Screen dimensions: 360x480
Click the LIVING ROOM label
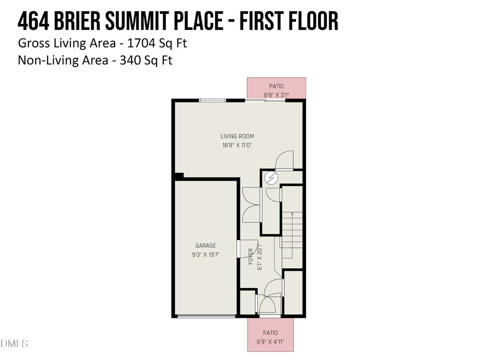(237, 137)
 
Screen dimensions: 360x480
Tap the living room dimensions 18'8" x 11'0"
(237, 145)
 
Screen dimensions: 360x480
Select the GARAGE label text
(205, 246)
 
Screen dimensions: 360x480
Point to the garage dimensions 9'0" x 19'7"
(205, 254)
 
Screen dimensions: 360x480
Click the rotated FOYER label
(251, 257)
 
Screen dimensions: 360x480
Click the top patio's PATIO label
(276, 86)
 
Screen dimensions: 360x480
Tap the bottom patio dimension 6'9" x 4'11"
(270, 341)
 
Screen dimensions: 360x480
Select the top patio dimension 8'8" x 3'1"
(276, 95)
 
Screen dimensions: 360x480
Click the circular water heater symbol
(270, 178)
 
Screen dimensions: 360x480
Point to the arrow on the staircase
(292, 215)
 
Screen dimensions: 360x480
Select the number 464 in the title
(34, 21)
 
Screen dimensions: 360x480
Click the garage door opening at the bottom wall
(206, 316)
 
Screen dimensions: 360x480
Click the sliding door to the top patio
(264, 100)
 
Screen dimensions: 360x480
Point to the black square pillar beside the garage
(179, 175)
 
